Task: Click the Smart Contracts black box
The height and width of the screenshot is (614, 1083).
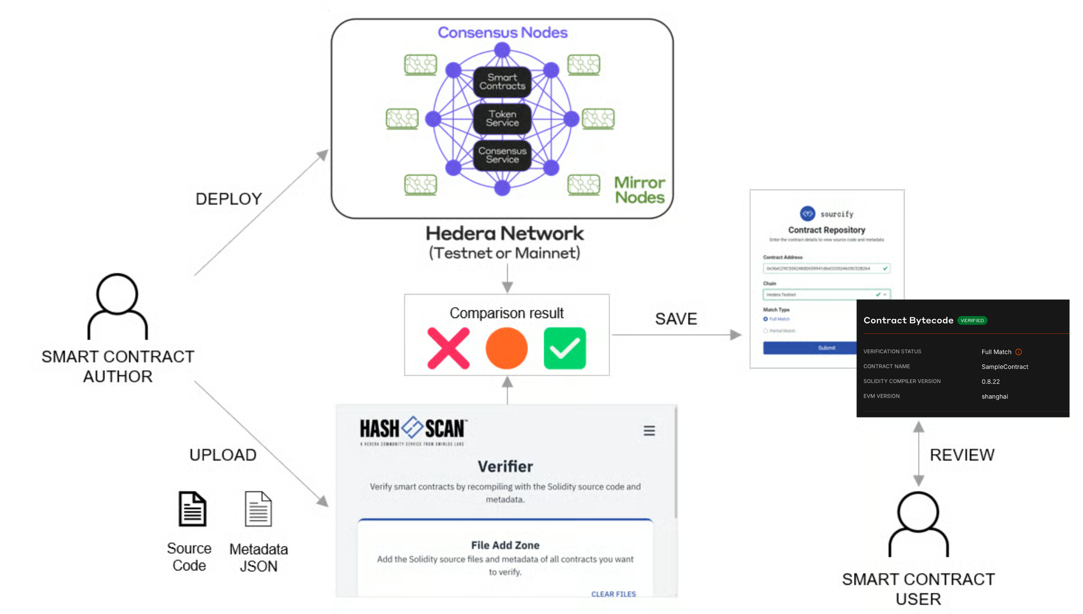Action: coord(502,82)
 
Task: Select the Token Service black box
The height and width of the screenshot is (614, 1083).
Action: coord(502,119)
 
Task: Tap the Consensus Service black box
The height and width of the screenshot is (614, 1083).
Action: coord(502,155)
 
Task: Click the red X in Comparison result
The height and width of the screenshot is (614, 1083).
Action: coord(448,348)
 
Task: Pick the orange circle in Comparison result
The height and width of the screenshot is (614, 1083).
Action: coord(506,348)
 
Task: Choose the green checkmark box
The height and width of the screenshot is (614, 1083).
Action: coord(564,348)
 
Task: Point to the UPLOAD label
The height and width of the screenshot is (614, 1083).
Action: coord(223,455)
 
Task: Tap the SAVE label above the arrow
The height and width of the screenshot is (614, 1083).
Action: coord(676,319)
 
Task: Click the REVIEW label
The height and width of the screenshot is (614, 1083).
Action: coord(962,455)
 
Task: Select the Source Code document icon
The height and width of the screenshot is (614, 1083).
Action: coord(192,509)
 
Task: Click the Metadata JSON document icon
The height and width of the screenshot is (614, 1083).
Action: coord(258,509)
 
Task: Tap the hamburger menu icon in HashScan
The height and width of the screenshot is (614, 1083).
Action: coord(649,431)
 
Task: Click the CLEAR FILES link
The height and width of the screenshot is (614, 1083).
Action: coord(613,594)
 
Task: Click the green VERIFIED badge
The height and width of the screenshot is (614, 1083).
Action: coord(972,321)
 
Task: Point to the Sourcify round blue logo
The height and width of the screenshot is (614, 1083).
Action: coord(807,214)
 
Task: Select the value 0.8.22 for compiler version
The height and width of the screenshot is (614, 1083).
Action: coord(990,382)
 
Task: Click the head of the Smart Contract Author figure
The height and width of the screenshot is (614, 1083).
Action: coord(117,294)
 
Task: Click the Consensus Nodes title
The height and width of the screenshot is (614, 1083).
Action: coord(502,32)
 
